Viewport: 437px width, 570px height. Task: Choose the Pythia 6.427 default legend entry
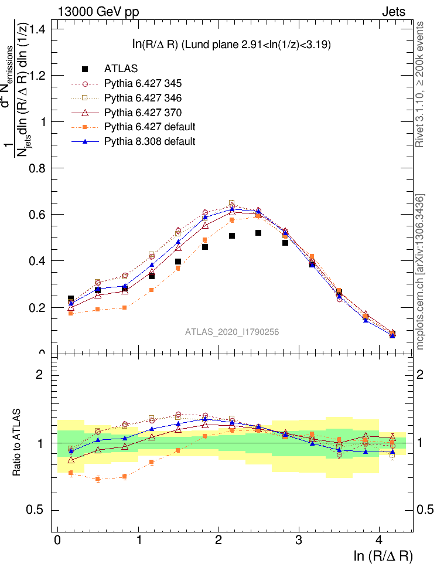pyautogui.click(x=149, y=127)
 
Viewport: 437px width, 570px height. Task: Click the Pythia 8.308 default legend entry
pyautogui.click(x=149, y=141)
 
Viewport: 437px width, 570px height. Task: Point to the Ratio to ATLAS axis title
pyautogui.click(x=17, y=442)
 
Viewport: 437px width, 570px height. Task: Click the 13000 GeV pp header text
pyautogui.click(x=98, y=11)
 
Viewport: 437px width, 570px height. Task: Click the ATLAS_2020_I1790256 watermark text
pyautogui.click(x=232, y=332)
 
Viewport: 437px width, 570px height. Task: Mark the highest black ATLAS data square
pyautogui.click(x=258, y=233)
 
